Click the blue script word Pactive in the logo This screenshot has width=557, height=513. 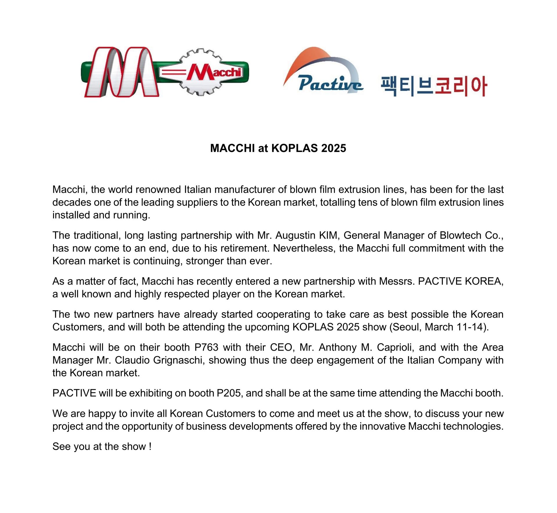pos(330,84)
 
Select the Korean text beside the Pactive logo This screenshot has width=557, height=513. pos(433,86)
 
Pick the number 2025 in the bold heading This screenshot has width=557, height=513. pos(334,148)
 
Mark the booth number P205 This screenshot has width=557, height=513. pos(229,393)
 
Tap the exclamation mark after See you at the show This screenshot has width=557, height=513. pos(150,447)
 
